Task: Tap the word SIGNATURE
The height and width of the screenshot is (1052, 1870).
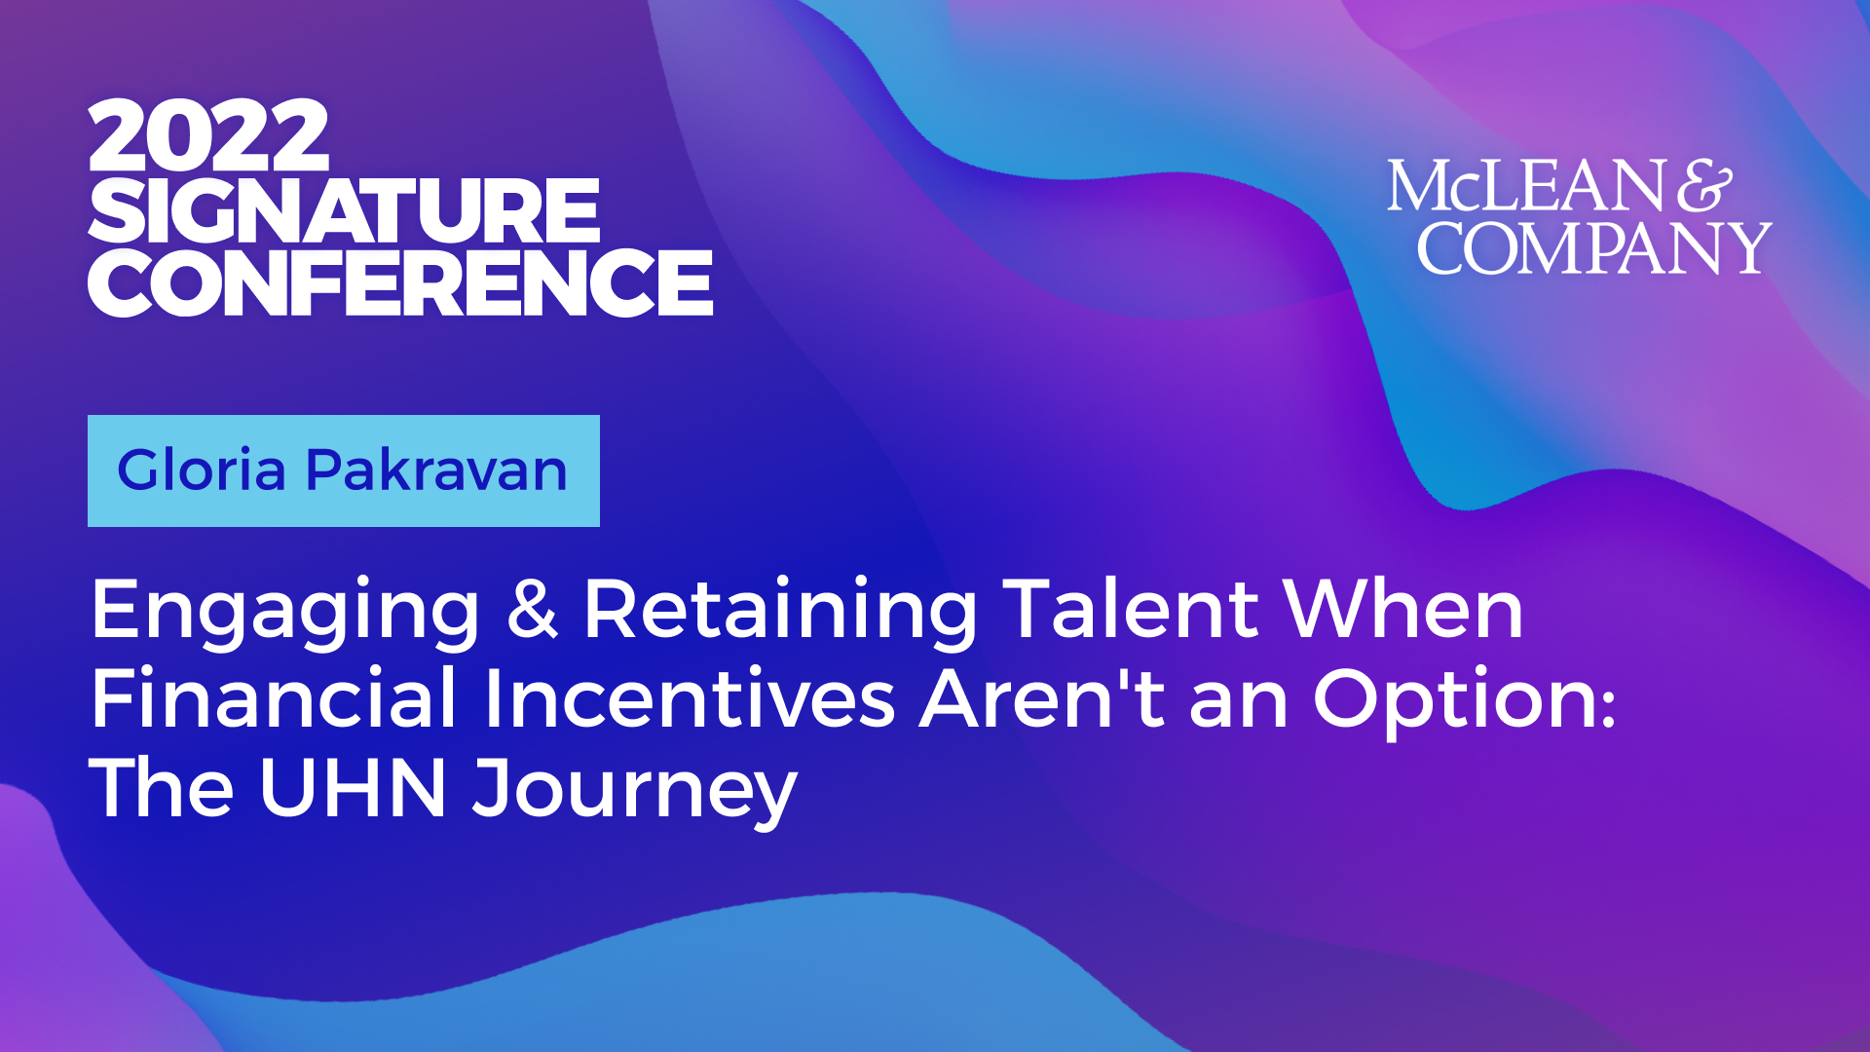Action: click(344, 209)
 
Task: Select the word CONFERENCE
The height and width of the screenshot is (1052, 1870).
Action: click(400, 282)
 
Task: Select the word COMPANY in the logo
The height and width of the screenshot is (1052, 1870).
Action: click(1594, 247)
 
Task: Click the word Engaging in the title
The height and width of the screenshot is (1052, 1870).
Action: click(285, 612)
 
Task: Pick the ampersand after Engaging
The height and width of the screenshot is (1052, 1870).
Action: click(533, 609)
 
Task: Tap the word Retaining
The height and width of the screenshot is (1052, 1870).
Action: click(780, 612)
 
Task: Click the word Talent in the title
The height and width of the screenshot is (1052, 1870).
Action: click(1131, 609)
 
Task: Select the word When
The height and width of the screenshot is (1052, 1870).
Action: click(1403, 609)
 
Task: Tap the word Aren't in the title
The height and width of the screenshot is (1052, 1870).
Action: click(1042, 697)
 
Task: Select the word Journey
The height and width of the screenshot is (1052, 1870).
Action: click(635, 793)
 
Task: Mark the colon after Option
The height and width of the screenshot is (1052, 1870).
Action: click(1607, 705)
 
